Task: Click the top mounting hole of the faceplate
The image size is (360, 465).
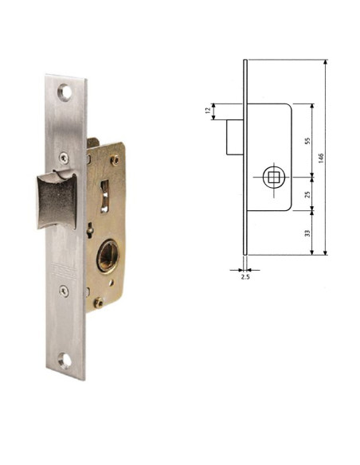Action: (x=65, y=92)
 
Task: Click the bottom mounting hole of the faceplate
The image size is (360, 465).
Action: (x=65, y=361)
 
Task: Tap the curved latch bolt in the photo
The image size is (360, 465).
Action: (x=57, y=201)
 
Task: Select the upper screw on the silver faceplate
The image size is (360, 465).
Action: (x=64, y=158)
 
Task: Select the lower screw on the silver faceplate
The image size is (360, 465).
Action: (x=64, y=291)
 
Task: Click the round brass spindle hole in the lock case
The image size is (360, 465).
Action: (x=108, y=256)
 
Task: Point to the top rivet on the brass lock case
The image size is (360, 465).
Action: (x=115, y=160)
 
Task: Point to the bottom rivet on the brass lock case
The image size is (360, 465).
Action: (x=99, y=303)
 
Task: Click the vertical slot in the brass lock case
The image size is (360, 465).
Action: (x=104, y=197)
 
